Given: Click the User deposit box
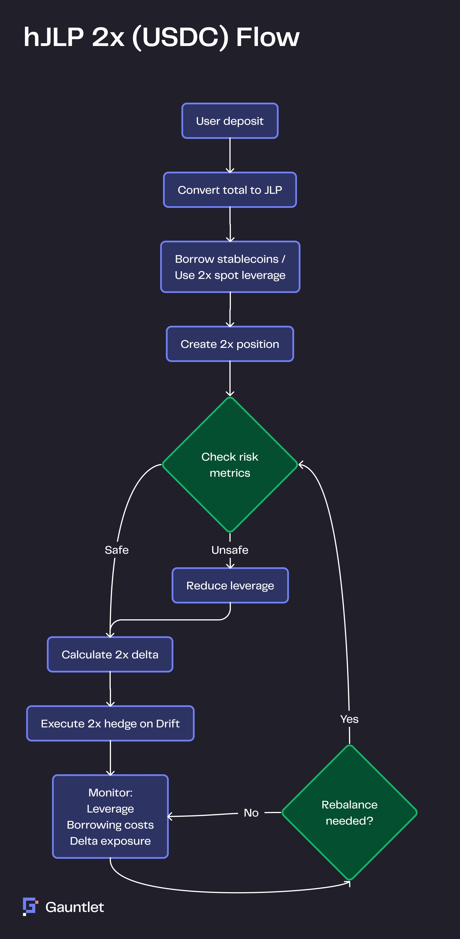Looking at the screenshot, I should (x=230, y=121).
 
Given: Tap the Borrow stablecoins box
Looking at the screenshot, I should (x=230, y=267).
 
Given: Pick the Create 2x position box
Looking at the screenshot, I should (x=230, y=344).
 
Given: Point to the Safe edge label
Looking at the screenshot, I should (x=117, y=550).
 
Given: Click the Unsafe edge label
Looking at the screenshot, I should (x=230, y=550).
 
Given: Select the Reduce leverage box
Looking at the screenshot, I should (x=230, y=585).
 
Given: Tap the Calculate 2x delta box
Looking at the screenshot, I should (x=110, y=654).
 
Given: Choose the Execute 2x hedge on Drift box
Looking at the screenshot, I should (x=110, y=723).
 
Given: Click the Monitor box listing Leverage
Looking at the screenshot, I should (x=110, y=817).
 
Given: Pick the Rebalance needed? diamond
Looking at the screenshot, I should (x=349, y=812).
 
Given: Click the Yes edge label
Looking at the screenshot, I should (x=349, y=719).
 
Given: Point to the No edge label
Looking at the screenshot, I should (x=251, y=812).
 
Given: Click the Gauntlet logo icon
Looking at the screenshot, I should (x=30, y=906).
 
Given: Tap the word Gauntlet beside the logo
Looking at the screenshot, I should (x=75, y=907).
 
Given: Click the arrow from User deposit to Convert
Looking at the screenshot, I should (x=230, y=155).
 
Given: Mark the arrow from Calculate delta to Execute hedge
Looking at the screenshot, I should (x=110, y=689).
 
